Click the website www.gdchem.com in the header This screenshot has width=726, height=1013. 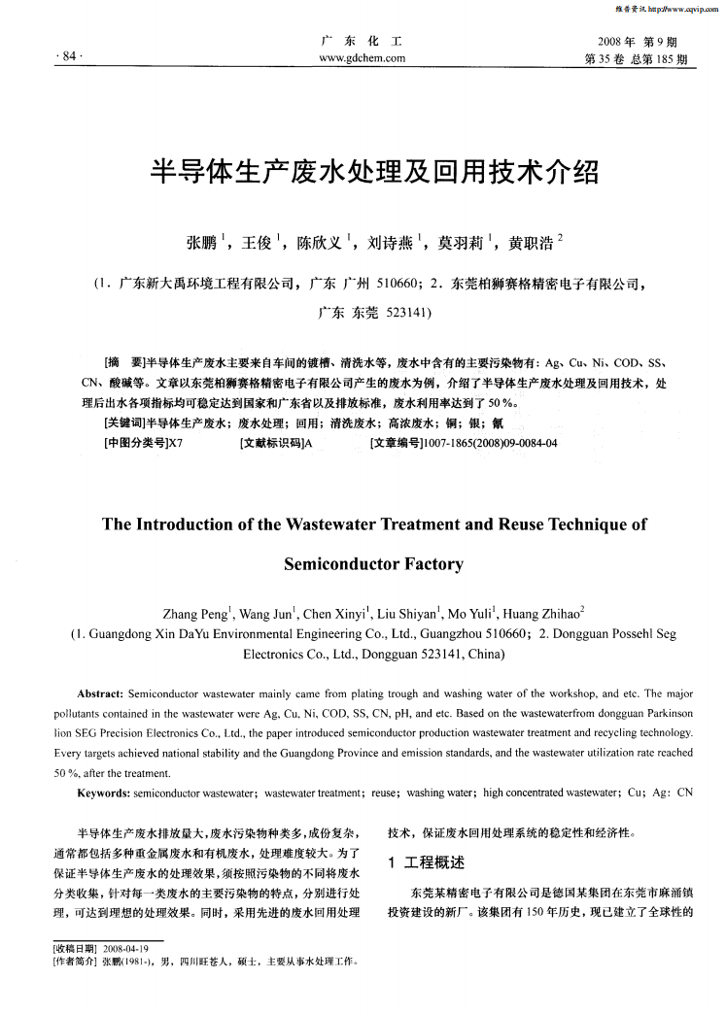pos(363,58)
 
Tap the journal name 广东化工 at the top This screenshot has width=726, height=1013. pos(363,42)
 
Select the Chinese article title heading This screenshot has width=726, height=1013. pos(363,172)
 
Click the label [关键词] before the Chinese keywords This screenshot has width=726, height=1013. pos(123,422)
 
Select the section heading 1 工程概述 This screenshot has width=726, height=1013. pos(426,863)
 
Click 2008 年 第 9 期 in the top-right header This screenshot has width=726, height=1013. pos(637,42)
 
